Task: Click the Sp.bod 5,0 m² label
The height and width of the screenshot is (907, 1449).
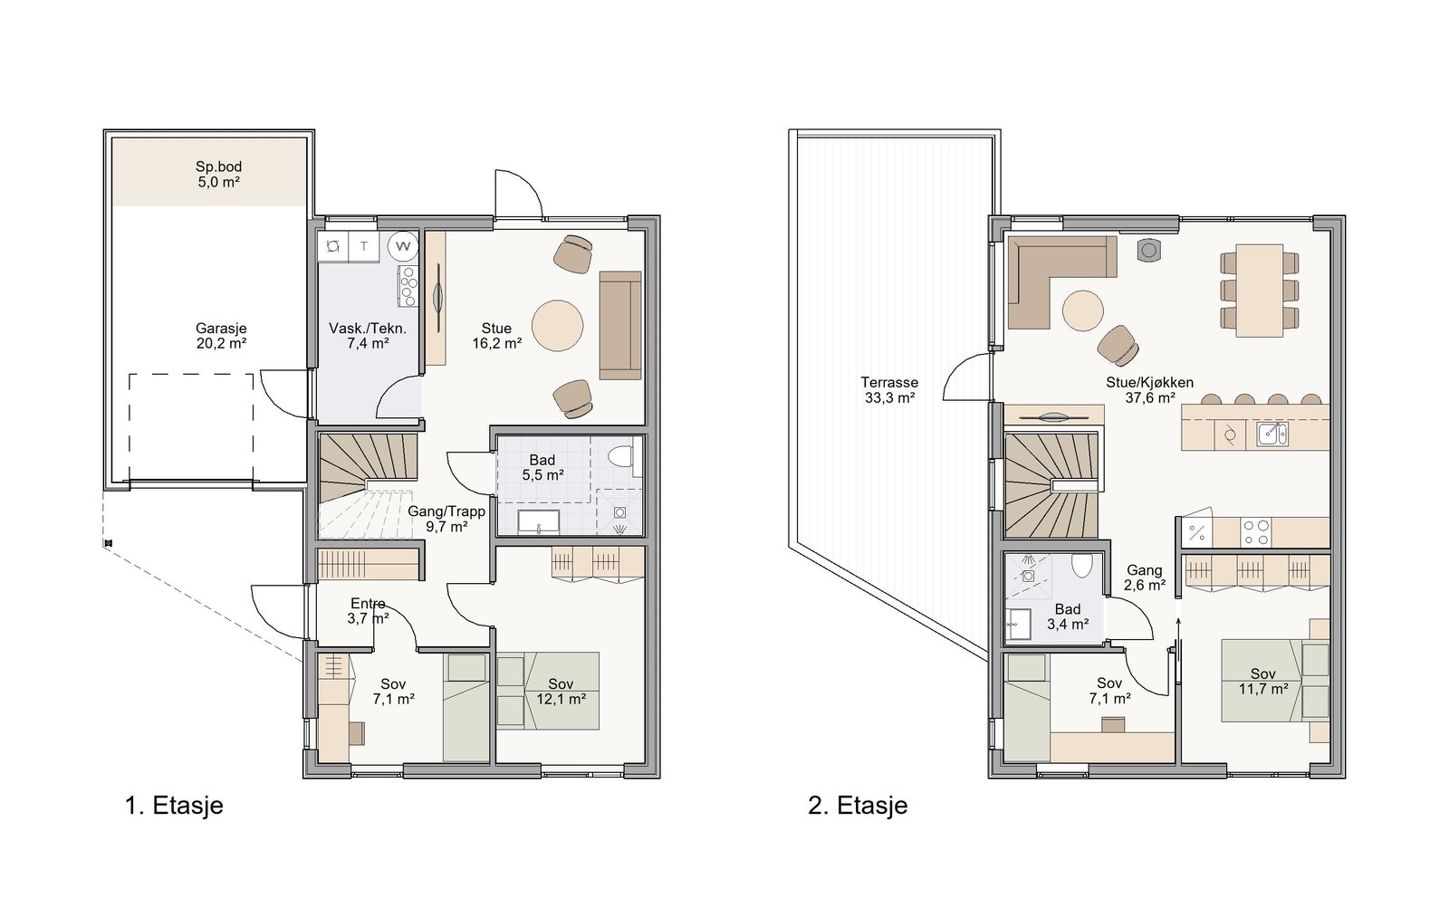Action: (218, 174)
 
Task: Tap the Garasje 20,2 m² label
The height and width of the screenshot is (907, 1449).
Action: (221, 336)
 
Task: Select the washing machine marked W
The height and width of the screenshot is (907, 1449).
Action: (403, 246)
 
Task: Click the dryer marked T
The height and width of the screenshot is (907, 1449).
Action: (364, 246)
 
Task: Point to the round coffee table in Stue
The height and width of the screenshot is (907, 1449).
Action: (558, 326)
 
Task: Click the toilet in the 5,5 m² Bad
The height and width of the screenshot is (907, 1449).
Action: (621, 455)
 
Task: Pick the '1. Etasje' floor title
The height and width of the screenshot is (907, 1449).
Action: (174, 806)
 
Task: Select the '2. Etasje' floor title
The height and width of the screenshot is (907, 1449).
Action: (858, 806)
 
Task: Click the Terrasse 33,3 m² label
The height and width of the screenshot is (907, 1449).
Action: (889, 390)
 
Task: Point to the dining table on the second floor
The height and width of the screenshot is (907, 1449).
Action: (1259, 291)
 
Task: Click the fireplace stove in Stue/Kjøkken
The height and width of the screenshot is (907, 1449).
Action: (1149, 250)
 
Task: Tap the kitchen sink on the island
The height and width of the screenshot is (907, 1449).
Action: (1271, 434)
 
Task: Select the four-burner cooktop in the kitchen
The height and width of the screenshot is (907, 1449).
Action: (1255, 532)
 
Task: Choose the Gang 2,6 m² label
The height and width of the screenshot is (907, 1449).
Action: (1145, 578)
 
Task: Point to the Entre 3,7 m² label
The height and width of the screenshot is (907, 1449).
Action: (368, 611)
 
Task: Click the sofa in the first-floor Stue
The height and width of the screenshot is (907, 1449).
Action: (620, 325)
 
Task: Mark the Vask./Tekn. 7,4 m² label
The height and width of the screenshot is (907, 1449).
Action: (368, 336)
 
